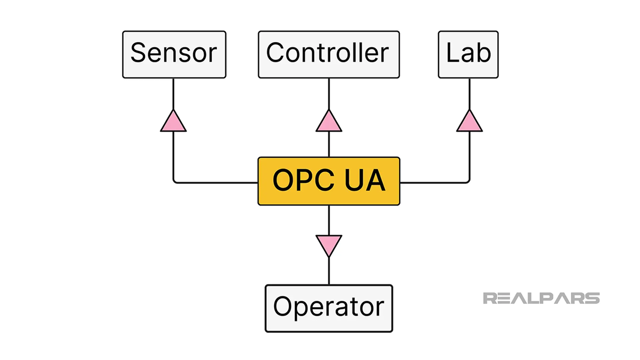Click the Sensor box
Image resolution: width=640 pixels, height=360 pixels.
pos(174,54)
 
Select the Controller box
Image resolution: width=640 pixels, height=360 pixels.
pos(329,54)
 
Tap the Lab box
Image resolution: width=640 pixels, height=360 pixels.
pos(468,54)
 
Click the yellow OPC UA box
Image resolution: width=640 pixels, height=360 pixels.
pos(329,181)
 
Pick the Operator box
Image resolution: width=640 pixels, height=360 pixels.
pos(329,308)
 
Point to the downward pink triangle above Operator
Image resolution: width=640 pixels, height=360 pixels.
pos(329,244)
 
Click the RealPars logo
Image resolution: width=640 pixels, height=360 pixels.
pos(541,298)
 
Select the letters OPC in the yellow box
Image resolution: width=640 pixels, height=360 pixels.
pos(303,180)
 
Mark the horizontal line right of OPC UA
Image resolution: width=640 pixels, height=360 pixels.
pos(433,183)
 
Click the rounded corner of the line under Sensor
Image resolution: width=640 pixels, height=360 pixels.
pos(175,181)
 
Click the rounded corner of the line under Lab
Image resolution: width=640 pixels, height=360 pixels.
pos(468,181)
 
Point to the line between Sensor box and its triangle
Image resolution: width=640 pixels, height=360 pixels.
pos(173,94)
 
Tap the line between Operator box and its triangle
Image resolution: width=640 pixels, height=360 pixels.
pos(329,271)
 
